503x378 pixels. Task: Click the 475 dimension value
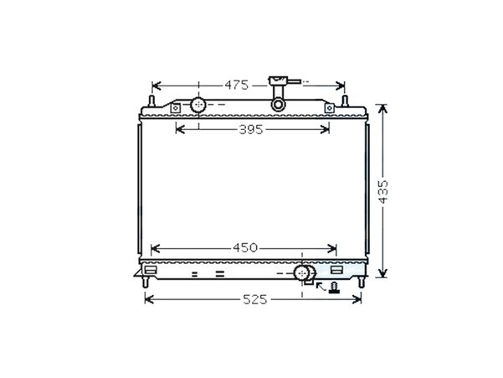(236, 85)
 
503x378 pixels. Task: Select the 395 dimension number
(251, 129)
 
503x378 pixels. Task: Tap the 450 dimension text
(245, 247)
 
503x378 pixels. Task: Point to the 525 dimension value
(255, 300)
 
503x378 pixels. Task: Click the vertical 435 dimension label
(382, 192)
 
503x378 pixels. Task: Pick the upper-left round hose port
(198, 105)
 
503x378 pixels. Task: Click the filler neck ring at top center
(278, 105)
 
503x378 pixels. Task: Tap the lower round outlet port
(301, 273)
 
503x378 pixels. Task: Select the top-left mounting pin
(151, 101)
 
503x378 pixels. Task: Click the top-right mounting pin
(345, 101)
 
